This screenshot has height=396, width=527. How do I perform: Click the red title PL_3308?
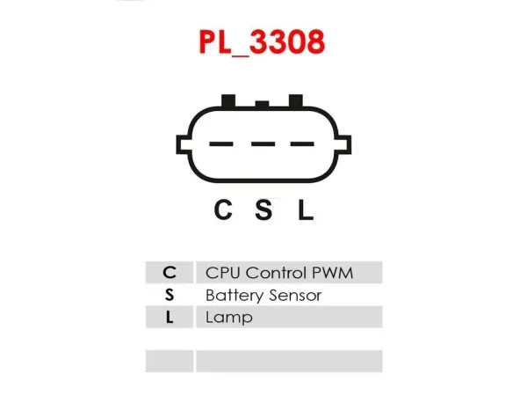pyautogui.click(x=262, y=42)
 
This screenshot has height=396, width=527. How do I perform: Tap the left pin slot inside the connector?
pyautogui.click(x=221, y=144)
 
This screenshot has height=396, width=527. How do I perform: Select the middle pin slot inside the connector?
pyautogui.click(x=263, y=144)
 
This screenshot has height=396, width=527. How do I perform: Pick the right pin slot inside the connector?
pyautogui.click(x=302, y=144)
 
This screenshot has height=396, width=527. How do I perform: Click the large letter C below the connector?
pyautogui.click(x=223, y=209)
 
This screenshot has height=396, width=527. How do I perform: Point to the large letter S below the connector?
pyautogui.click(x=263, y=209)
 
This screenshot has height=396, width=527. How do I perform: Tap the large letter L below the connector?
pyautogui.click(x=306, y=209)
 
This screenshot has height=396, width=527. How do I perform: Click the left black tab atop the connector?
pyautogui.click(x=228, y=100)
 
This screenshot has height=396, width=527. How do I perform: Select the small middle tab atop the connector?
pyautogui.click(x=262, y=104)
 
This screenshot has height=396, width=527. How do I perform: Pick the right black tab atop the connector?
pyautogui.click(x=296, y=100)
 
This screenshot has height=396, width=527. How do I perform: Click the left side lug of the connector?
pyautogui.click(x=184, y=144)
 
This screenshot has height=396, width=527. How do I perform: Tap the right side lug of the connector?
pyautogui.click(x=343, y=144)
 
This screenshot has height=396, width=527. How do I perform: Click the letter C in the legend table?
pyautogui.click(x=170, y=273)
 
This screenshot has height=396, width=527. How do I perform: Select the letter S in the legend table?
pyautogui.click(x=170, y=295)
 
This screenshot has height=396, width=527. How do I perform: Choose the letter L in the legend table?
pyautogui.click(x=170, y=317)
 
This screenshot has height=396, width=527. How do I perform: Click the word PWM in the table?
pyautogui.click(x=332, y=273)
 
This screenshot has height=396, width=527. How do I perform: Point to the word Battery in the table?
pyautogui.click(x=235, y=296)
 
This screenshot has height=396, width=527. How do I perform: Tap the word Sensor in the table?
pyautogui.click(x=295, y=296)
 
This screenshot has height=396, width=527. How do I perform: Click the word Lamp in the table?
pyautogui.click(x=229, y=318)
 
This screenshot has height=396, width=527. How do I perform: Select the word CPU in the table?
pyautogui.click(x=223, y=273)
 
